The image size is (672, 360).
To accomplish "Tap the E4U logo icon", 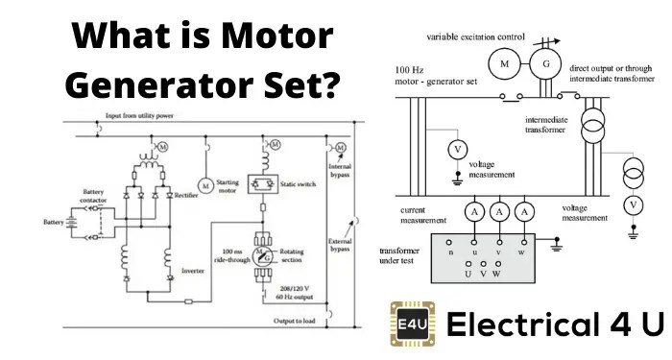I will coord(412,322).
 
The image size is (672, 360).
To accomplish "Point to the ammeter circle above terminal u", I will coord(473,209).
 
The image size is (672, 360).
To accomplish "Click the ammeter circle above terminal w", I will coord(524,209).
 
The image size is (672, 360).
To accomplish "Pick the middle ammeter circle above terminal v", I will coord(498,209).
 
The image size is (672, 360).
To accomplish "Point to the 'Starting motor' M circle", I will coord(204,183).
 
